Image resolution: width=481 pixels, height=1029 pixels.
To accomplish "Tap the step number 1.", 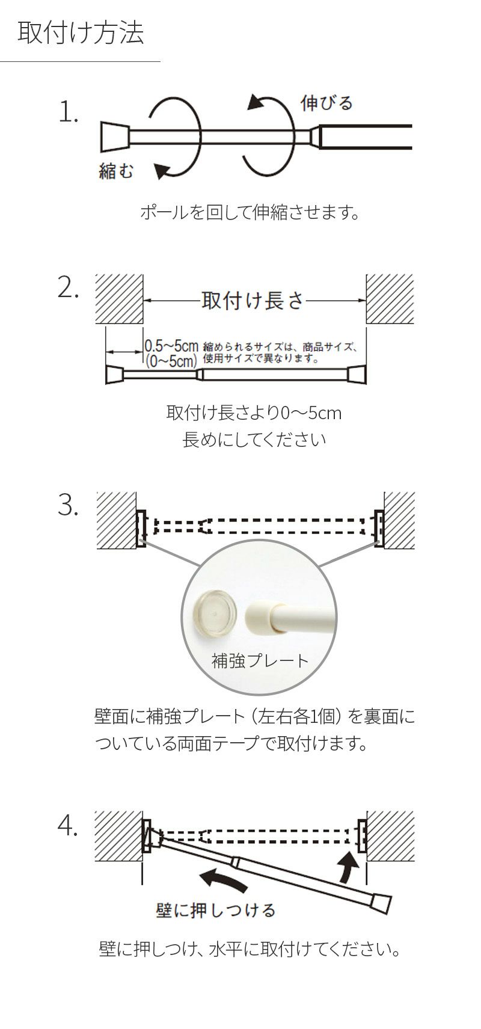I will (69, 112).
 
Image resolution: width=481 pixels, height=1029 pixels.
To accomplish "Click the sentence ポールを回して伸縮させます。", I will (249, 212).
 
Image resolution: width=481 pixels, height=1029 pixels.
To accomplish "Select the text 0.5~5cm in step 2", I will (171, 346).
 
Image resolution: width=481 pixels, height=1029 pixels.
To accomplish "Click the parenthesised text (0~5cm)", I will (171, 361).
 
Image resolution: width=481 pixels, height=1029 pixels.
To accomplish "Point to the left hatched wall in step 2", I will (119, 299).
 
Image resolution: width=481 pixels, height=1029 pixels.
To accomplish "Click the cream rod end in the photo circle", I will (265, 616).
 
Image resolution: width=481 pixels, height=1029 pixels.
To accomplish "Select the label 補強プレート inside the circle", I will (260, 661).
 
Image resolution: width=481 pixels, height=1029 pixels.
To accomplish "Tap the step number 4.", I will (69, 828).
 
